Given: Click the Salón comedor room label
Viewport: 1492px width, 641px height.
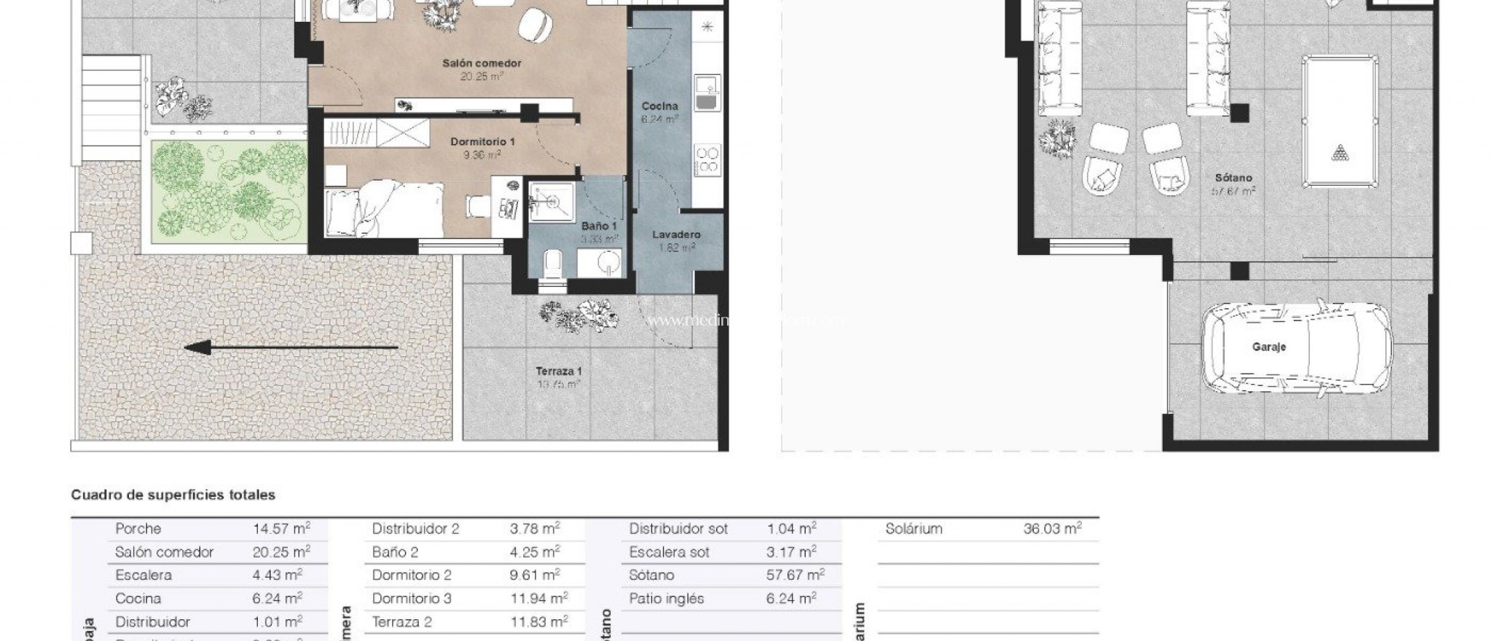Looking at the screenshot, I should pos(482,63).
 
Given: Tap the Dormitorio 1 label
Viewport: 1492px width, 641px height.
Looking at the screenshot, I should pos(482,141).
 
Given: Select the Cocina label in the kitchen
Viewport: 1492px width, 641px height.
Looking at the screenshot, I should pos(659,106).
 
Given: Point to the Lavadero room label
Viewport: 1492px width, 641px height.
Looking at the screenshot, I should pos(676,235).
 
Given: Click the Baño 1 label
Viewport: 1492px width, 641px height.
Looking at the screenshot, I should pos(599,227).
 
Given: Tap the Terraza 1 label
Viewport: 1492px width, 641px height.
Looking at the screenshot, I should pos(559,371).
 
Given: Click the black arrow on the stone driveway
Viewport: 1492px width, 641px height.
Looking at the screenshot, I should pos(291,347).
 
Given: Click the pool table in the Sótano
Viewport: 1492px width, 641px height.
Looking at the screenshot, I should pos(1340,122).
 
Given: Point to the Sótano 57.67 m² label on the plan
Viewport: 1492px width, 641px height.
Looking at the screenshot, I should pos(1233,184).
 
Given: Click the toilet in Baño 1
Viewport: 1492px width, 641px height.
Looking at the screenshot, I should pos(553,264).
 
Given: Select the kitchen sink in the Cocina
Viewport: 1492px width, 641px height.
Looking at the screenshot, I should pos(707,93).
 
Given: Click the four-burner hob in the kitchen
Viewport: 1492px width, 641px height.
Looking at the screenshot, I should pos(707,160).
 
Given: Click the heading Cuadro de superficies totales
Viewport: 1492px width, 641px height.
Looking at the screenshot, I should pos(173,495).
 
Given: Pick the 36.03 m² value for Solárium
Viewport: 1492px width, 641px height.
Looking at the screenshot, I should pos(1052,529).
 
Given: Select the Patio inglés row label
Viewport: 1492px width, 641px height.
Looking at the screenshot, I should pos(667,599).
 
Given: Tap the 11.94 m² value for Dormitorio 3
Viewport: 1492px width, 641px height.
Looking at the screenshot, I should pos(538,599).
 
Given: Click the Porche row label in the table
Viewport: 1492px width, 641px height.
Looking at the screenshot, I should pos(138,529).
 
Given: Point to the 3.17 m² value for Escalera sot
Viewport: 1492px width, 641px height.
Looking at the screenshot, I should pos(791,552).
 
